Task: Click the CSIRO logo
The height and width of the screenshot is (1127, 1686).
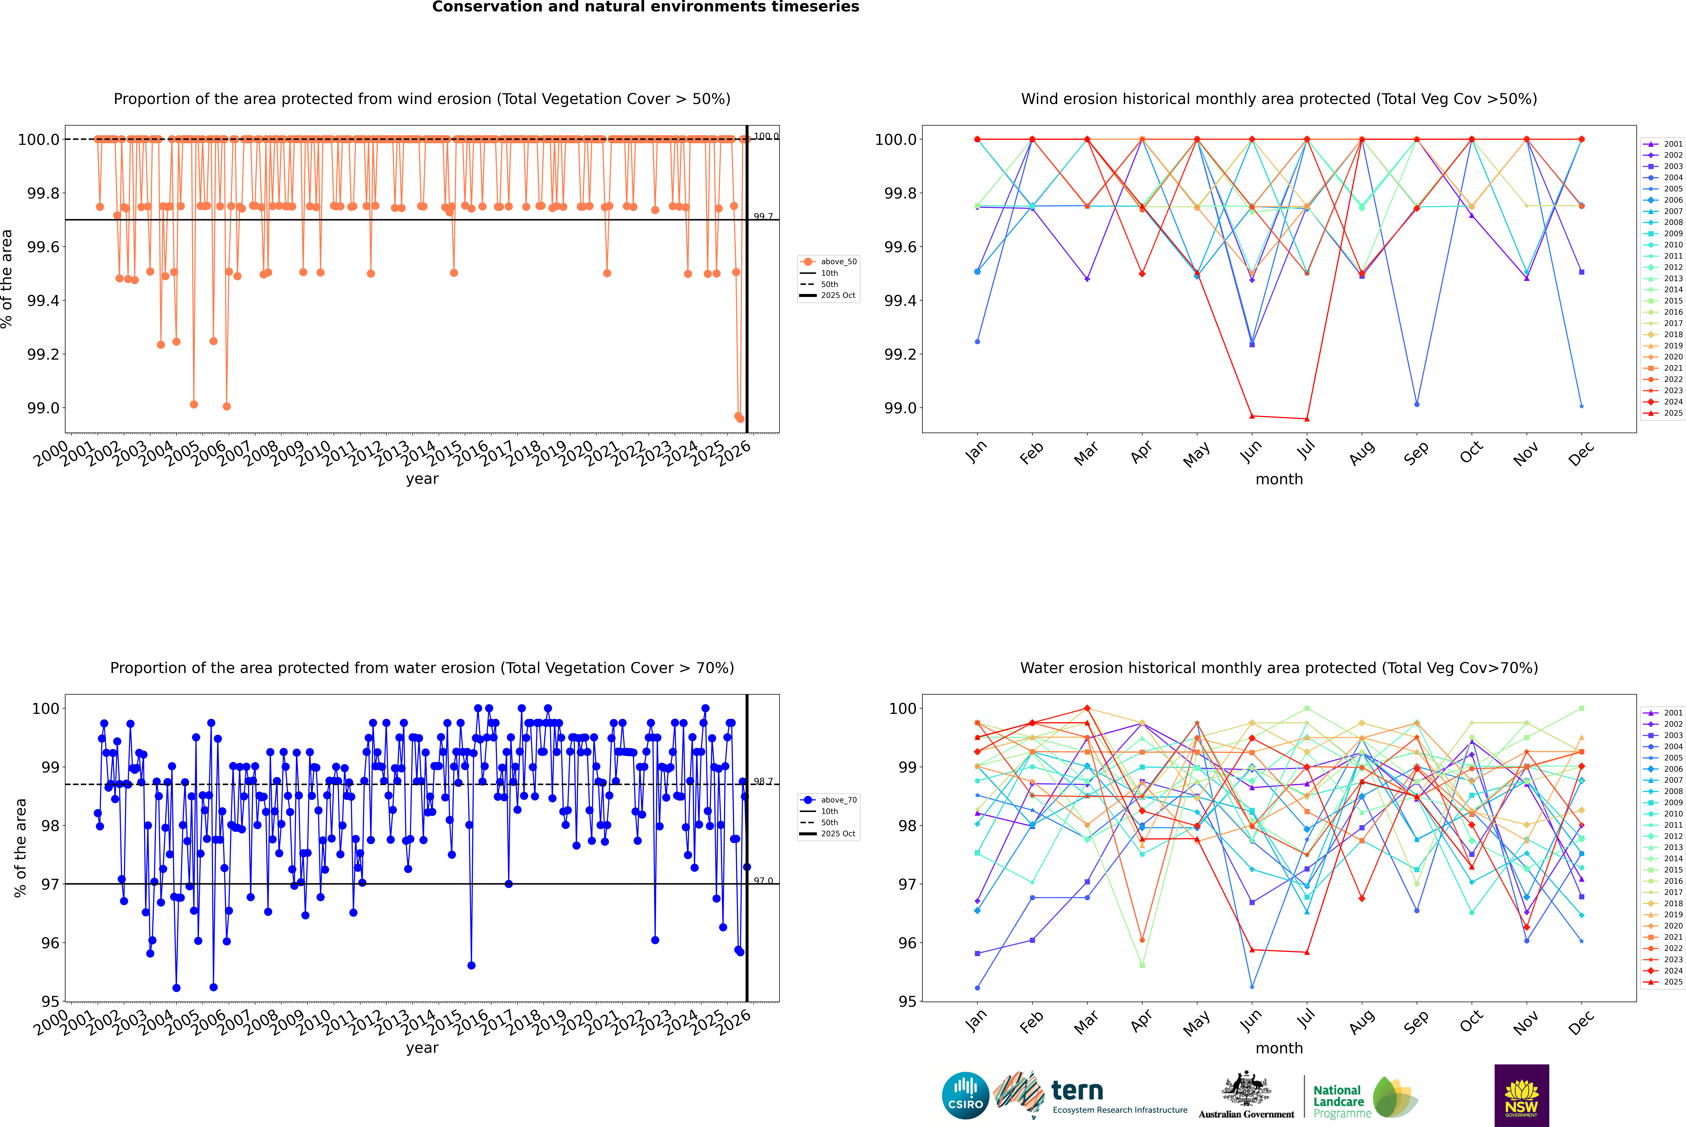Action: pyautogui.click(x=965, y=1095)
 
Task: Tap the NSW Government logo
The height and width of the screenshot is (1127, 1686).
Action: pyautogui.click(x=1521, y=1095)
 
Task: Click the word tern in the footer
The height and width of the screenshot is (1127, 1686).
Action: pyautogui.click(x=1077, y=1091)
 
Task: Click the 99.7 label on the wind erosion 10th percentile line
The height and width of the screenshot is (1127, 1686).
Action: pyautogui.click(x=763, y=216)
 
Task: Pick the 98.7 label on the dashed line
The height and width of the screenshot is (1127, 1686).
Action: pyautogui.click(x=763, y=781)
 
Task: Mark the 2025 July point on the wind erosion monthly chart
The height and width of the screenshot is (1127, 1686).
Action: pyautogui.click(x=1306, y=419)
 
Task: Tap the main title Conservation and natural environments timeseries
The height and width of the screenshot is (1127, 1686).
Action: pyautogui.click(x=645, y=7)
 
